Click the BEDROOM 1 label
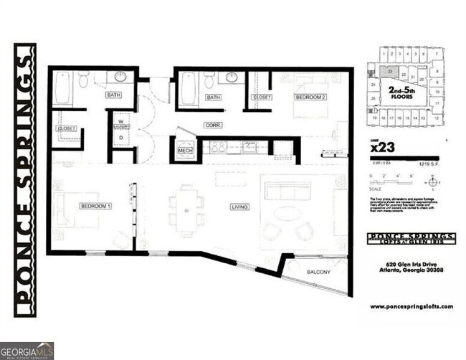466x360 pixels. click(x=95, y=207)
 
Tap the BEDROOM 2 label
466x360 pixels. click(x=310, y=97)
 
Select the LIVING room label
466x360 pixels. click(x=239, y=208)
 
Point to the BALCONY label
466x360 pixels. click(x=318, y=273)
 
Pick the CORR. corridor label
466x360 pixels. click(x=212, y=125)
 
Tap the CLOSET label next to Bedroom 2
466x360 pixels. click(x=261, y=98)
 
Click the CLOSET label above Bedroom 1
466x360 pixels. click(x=66, y=129)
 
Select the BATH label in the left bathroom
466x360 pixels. click(x=113, y=95)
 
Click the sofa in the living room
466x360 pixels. click(x=287, y=191)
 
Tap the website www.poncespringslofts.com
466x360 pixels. click(x=412, y=306)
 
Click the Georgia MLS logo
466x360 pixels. click(x=27, y=350)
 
